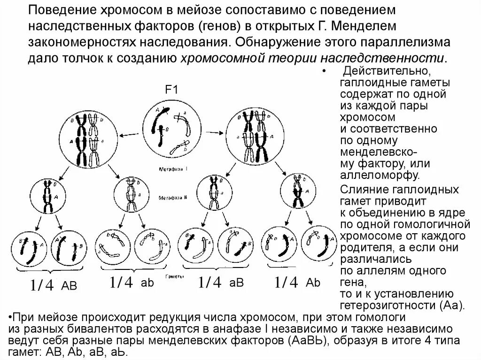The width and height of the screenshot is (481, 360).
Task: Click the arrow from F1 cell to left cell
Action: (x=127, y=135)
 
